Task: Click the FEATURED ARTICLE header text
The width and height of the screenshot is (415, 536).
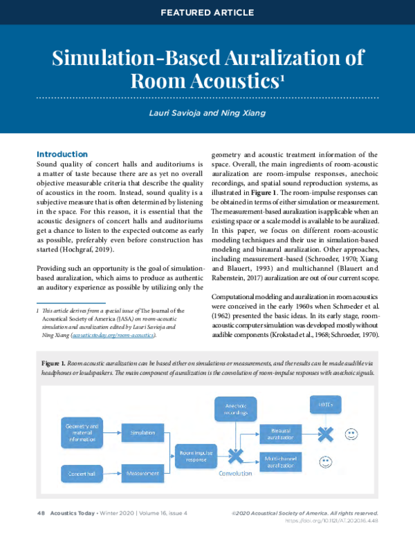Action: click(207, 12)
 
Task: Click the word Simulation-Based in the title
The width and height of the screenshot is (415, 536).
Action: click(124, 58)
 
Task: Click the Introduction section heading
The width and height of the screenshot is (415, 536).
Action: click(62, 154)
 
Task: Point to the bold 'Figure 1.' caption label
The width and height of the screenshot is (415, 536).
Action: click(53, 363)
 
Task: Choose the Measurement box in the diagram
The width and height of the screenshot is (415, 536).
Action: click(143, 474)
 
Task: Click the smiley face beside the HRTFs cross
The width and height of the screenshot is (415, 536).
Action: click(351, 434)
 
